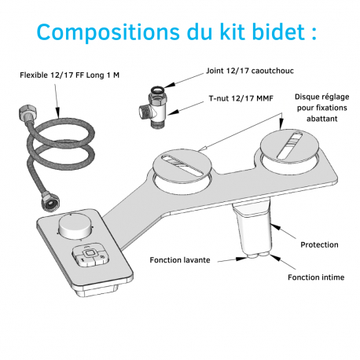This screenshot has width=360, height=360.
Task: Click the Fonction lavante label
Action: (x=180, y=259)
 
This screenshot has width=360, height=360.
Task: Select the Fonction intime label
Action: (x=315, y=277)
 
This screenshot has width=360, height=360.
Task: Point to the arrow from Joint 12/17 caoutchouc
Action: (x=186, y=77)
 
